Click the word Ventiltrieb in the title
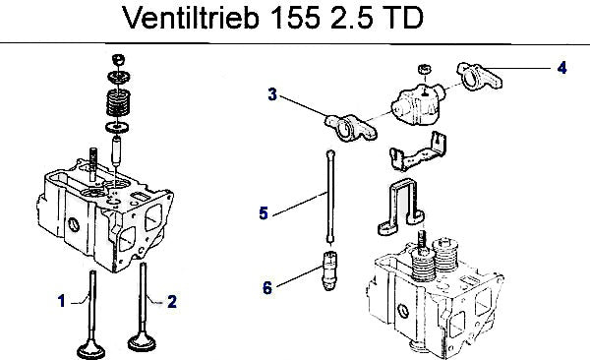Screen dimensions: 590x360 191,18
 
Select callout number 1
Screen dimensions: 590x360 61,301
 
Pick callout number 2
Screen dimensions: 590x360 172,301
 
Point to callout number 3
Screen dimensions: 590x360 272,94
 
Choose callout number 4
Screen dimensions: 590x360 561,68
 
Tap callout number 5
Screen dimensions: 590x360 264,213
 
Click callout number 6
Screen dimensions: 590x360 267,288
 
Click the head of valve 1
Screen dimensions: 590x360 91,349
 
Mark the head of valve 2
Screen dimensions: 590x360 142,341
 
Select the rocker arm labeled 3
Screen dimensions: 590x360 351,127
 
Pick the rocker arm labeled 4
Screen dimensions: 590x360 479,77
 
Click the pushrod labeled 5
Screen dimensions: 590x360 330,197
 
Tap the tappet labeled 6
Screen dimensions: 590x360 329,270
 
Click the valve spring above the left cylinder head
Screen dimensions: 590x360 118,103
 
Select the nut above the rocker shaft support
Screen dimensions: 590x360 425,69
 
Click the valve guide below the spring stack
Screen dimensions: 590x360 117,151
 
